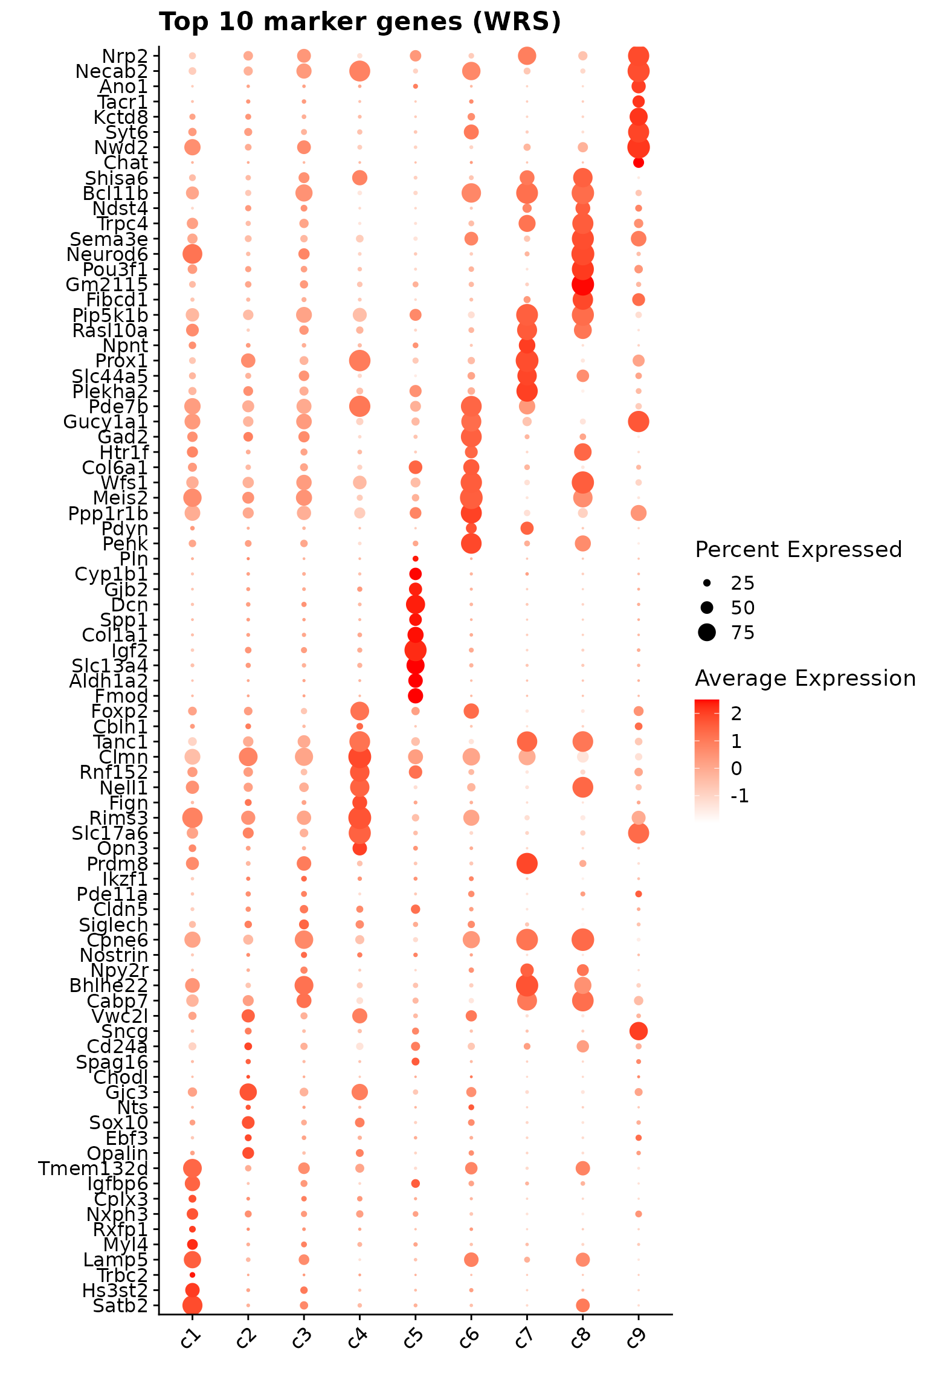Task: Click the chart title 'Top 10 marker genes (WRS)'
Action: (x=360, y=22)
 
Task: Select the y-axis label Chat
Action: (x=126, y=163)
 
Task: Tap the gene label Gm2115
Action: (x=107, y=285)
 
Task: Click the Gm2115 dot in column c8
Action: (x=582, y=285)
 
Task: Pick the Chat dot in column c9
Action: (x=639, y=163)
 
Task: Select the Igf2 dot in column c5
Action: (x=415, y=651)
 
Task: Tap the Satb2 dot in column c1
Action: (x=192, y=1306)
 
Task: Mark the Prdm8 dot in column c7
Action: (x=527, y=864)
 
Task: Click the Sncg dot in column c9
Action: (x=639, y=1031)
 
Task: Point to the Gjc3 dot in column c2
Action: (x=248, y=1092)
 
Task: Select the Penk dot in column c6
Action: (x=471, y=544)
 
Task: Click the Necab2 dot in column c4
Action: (x=359, y=72)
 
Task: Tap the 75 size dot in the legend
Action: (x=706, y=633)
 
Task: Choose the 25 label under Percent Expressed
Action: (x=743, y=583)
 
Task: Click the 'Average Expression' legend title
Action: (x=805, y=678)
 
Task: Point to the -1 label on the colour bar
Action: (x=740, y=796)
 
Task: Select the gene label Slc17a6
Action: (x=110, y=834)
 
